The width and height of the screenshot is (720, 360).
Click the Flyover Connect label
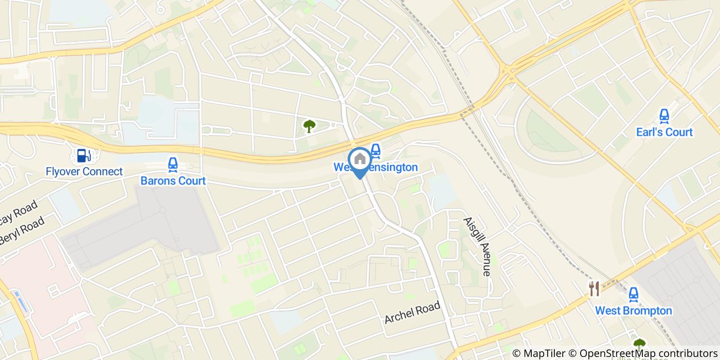click(84, 171)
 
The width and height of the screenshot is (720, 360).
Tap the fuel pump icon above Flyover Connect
click(82, 155)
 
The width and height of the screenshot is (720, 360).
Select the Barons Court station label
click(173, 181)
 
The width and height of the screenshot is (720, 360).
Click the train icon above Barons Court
click(172, 165)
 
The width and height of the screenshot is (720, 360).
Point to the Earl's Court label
click(664, 132)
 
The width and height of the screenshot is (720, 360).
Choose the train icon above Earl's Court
click(664, 116)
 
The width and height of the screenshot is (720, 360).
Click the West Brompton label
click(634, 311)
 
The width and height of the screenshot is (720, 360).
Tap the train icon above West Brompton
click(634, 295)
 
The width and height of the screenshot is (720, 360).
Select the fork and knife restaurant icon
click(595, 289)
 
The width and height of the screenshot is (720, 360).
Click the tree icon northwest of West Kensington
click(309, 125)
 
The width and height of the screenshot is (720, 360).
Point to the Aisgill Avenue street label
click(477, 246)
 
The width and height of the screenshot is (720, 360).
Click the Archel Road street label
click(412, 313)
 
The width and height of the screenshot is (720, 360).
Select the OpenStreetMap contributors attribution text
click(644, 353)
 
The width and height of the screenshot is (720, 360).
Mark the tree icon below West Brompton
click(639, 344)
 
